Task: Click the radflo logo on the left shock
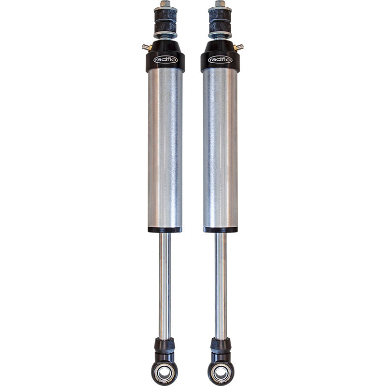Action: [x=165, y=59]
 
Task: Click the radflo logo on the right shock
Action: [x=220, y=59]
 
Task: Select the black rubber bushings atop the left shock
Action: [x=165, y=21]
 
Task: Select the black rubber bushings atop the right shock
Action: [x=220, y=21]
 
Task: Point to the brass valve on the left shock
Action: [x=147, y=47]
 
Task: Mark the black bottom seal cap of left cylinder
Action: [x=165, y=230]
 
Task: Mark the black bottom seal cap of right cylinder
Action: [x=220, y=230]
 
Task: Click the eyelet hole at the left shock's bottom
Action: [x=165, y=372]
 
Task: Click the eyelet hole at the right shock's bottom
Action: [x=221, y=372]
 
